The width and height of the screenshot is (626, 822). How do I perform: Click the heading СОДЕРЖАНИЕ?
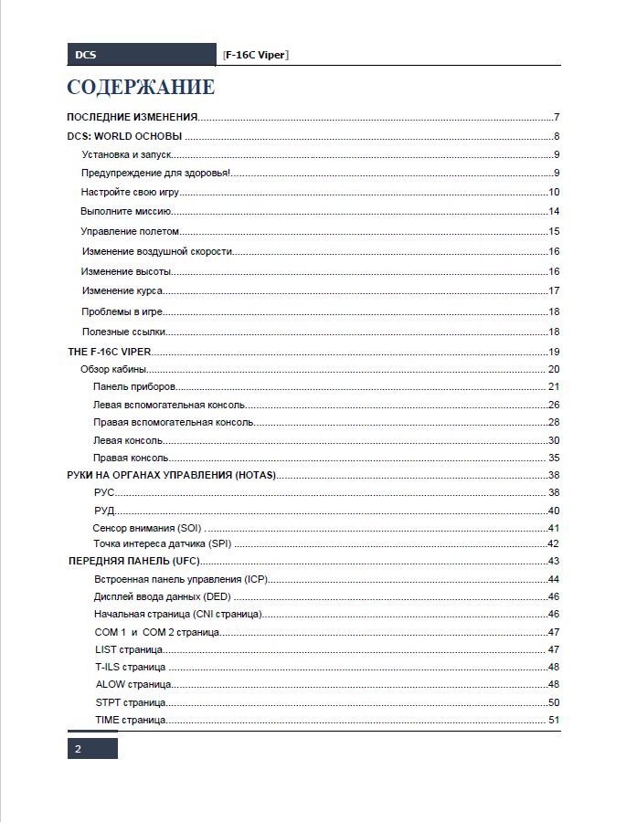pyautogui.click(x=141, y=88)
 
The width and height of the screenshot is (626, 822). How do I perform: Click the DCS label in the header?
pyautogui.click(x=85, y=55)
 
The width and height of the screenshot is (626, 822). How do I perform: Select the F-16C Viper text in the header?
pyautogui.click(x=256, y=55)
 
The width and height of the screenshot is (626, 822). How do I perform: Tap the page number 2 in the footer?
pyautogui.click(x=79, y=749)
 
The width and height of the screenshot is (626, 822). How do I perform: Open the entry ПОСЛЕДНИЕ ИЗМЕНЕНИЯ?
pyautogui.click(x=133, y=117)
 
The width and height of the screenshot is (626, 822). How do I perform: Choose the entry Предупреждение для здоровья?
pyautogui.click(x=155, y=173)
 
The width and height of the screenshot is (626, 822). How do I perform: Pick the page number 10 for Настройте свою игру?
pyautogui.click(x=554, y=192)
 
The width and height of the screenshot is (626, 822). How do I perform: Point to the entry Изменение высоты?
pyautogui.click(x=126, y=271)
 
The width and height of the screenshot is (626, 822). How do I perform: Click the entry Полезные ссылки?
pyautogui.click(x=123, y=332)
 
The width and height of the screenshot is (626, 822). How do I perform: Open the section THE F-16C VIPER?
pyautogui.click(x=110, y=352)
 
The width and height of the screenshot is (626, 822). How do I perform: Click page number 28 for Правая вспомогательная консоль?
pyautogui.click(x=554, y=422)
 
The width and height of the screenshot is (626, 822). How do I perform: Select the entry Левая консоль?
pyautogui.click(x=129, y=440)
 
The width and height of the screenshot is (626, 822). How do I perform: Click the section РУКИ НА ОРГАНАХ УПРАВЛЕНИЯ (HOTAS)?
pyautogui.click(x=172, y=475)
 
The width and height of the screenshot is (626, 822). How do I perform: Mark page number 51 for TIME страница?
pyautogui.click(x=554, y=720)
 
